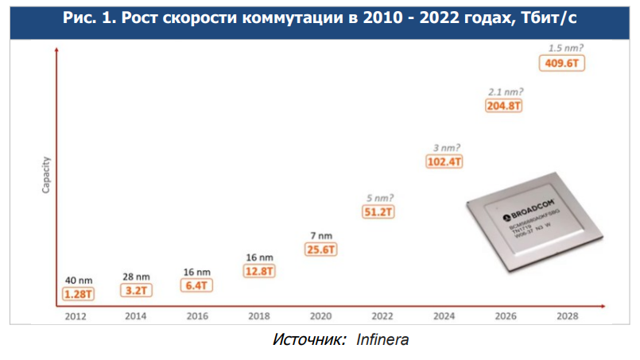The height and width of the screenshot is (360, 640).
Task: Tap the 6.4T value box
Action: pyautogui.click(x=196, y=285)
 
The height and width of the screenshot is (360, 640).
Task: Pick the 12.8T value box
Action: pyautogui.click(x=259, y=272)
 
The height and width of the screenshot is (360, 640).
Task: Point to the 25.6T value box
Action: pyautogui.click(x=320, y=250)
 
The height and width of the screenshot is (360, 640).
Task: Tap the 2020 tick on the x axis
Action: pyautogui.click(x=320, y=315)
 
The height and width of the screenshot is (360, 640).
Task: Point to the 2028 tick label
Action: pyautogui.click(x=568, y=315)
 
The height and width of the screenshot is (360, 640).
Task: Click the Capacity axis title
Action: pyautogui.click(x=47, y=175)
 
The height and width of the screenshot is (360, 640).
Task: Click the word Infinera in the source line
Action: pyautogui.click(x=382, y=340)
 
